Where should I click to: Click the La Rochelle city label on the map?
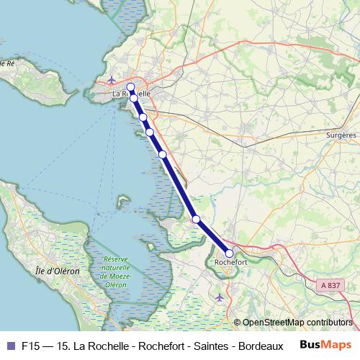pos(131,94)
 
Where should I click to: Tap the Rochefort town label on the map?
pos(231,264)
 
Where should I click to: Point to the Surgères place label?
pos(341,135)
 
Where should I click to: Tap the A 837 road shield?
pos(329,286)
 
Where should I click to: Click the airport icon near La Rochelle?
pos(112,79)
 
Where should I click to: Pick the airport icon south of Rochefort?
pos(220,297)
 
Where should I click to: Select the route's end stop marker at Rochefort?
pos(229,253)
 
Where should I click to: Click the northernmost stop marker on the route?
pos(130,87)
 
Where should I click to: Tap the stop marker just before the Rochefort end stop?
pos(196,219)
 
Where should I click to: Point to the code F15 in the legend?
pos(31,345)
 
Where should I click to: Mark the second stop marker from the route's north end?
pos(134,98)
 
